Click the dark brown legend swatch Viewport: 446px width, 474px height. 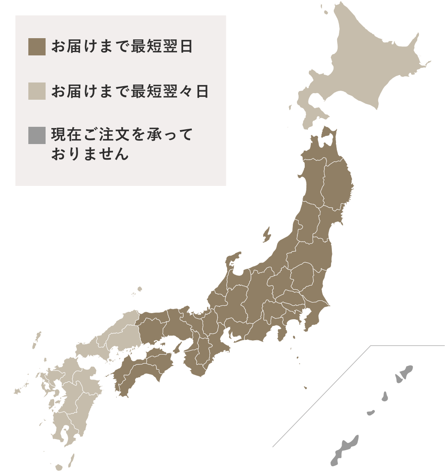[x=37, y=46]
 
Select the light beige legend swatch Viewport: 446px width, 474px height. [x=37, y=91]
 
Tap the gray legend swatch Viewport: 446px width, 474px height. [x=37, y=135]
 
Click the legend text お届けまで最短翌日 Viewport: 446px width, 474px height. [x=122, y=46]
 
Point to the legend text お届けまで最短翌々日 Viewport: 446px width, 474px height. [x=130, y=91]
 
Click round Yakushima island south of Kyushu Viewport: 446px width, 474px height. [x=59, y=467]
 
